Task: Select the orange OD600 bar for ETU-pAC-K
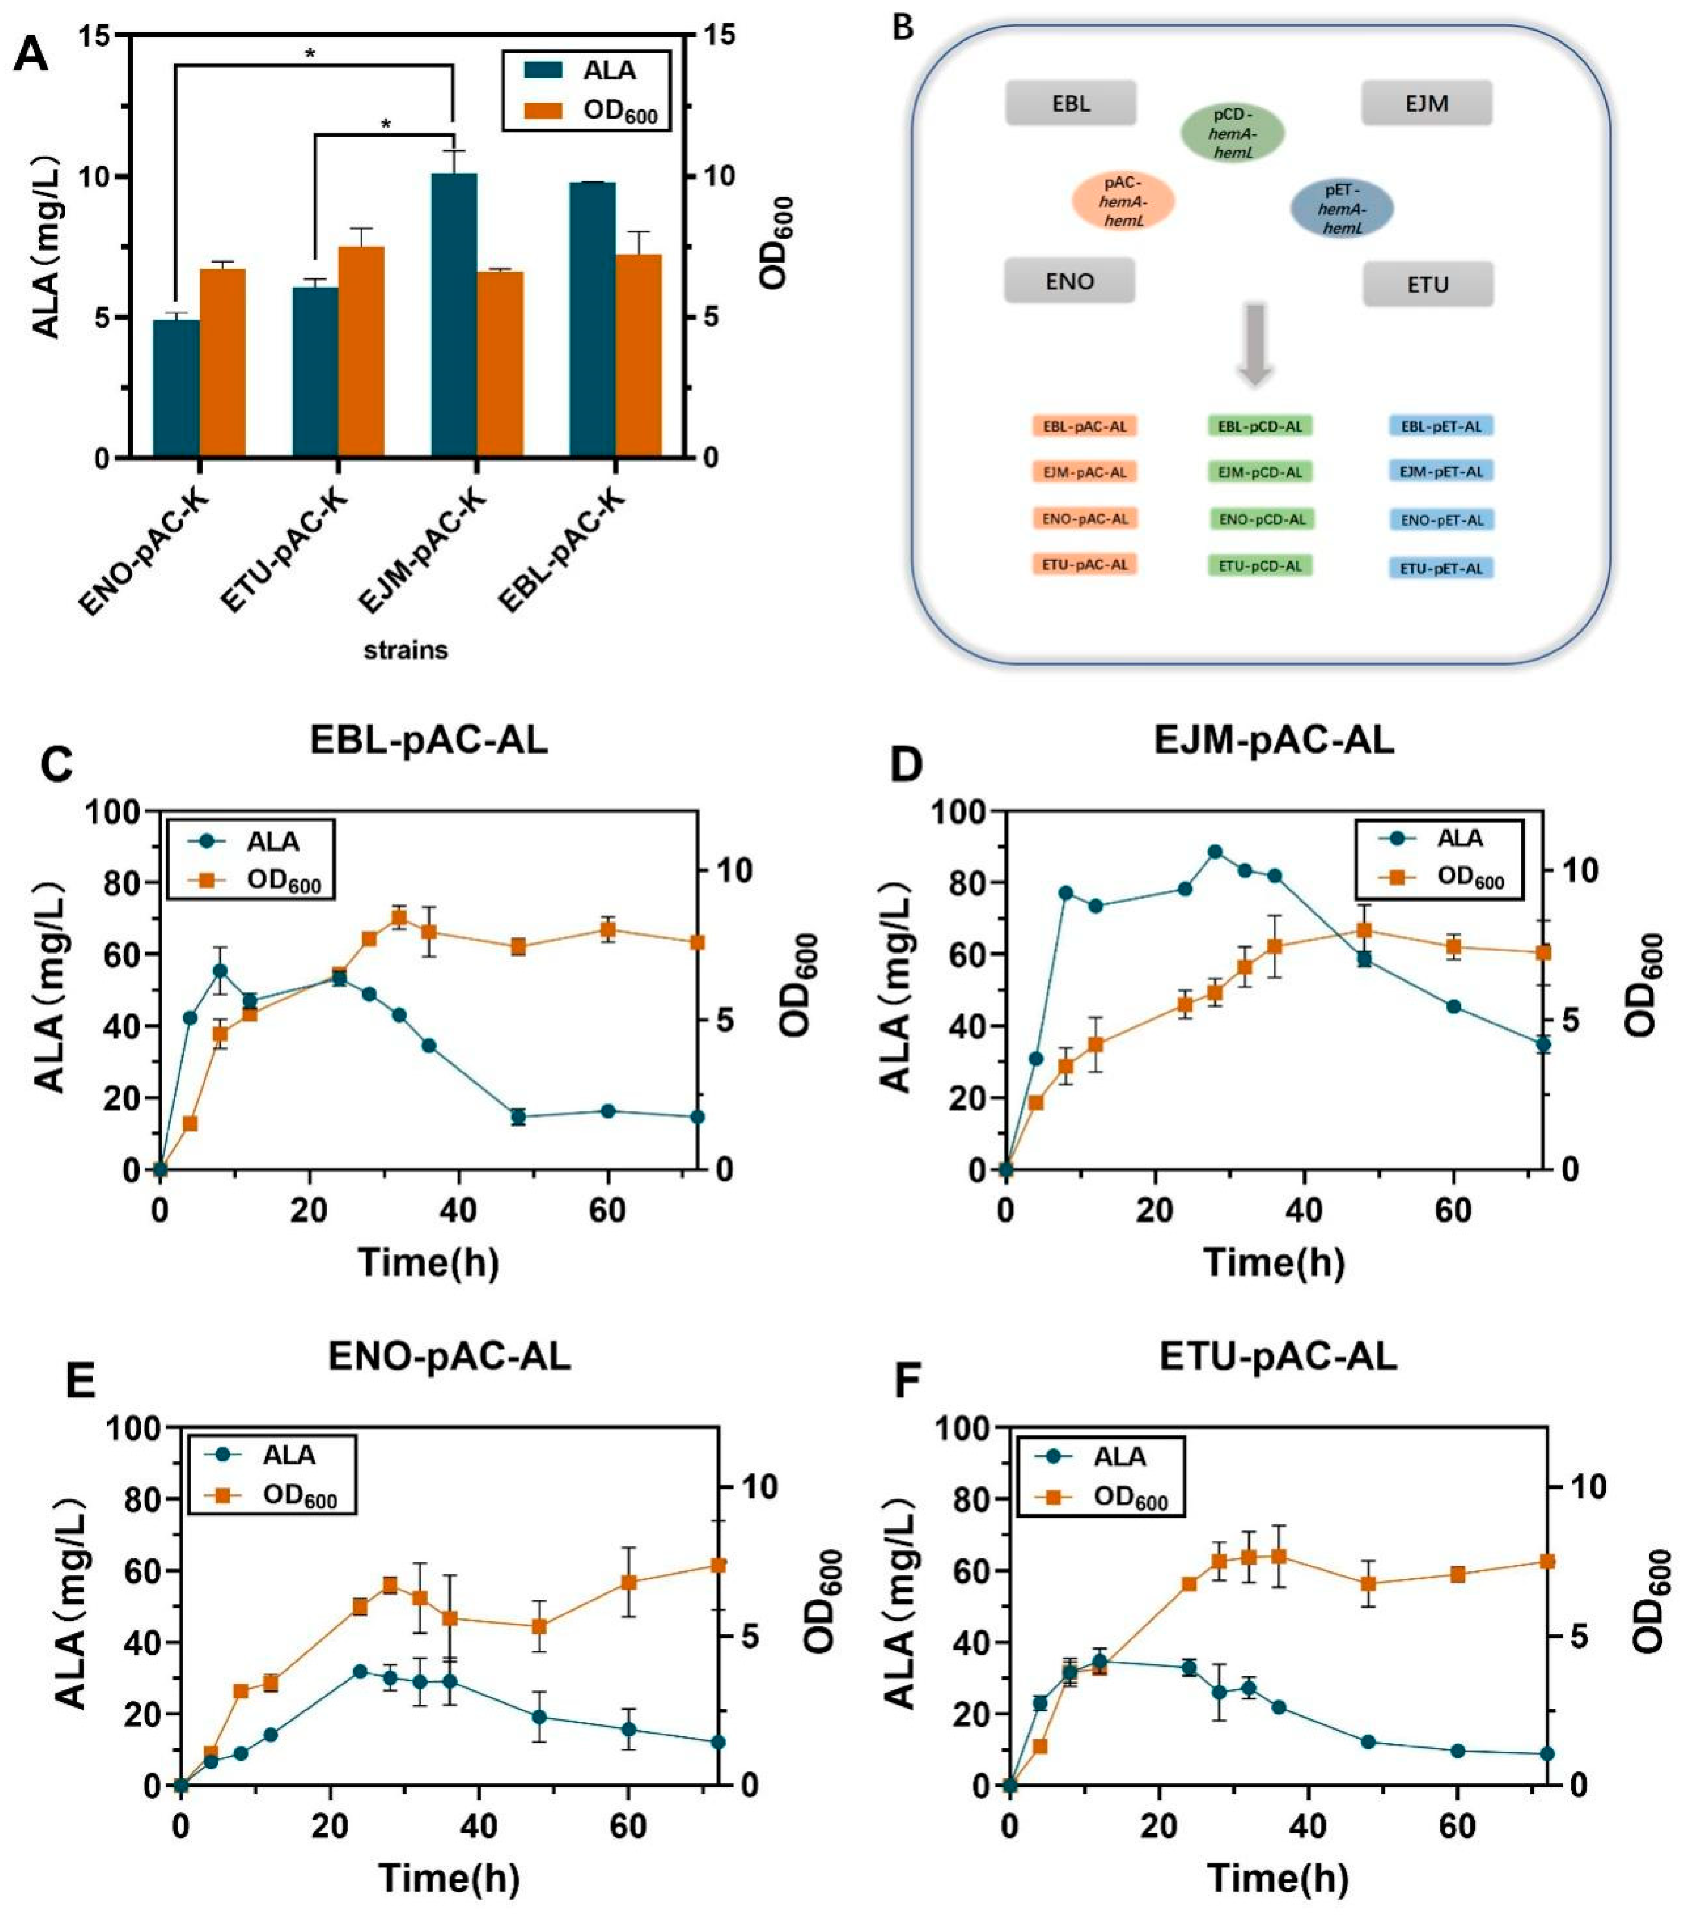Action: [x=361, y=351]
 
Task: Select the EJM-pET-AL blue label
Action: [x=1440, y=471]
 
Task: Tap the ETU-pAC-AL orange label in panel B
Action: [x=1084, y=564]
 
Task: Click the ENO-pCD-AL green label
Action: [x=1260, y=518]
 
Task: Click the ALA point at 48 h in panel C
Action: [x=517, y=1116]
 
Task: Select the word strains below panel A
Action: [x=406, y=649]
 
